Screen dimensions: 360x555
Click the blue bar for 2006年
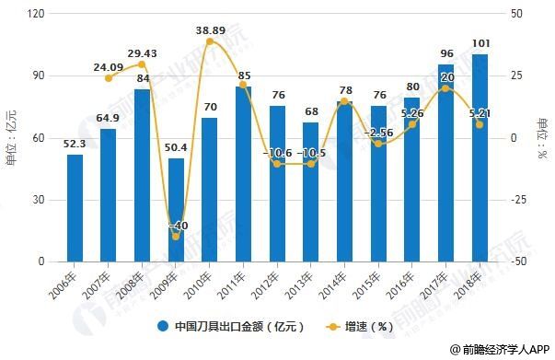75,208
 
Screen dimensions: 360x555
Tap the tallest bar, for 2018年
480,157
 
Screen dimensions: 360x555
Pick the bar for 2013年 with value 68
311,192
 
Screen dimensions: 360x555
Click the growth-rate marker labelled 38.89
210,41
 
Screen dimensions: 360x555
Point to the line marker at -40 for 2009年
176,237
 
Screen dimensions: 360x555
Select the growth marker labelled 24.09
109,78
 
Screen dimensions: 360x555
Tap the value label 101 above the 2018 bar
480,43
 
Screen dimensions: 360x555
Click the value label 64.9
109,118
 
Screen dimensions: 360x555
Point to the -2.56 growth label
379,133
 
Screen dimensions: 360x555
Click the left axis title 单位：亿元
11,139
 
